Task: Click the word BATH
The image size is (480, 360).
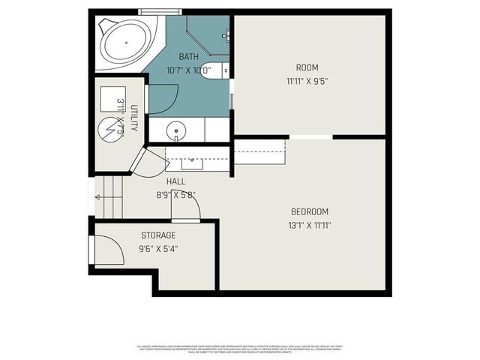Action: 188,57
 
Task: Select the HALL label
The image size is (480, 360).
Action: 176,181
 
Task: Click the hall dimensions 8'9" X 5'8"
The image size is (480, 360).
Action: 176,195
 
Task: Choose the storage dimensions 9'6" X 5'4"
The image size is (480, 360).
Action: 157,249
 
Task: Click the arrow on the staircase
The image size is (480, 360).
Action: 99,198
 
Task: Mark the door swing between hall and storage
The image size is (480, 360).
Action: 186,208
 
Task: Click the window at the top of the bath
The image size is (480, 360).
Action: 160,11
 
